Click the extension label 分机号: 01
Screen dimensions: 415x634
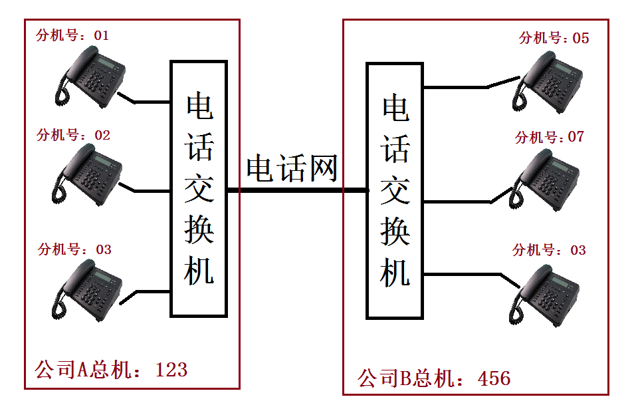point(72,35)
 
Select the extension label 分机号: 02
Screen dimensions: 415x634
point(73,135)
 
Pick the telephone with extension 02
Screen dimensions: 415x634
point(88,174)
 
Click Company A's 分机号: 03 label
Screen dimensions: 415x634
point(74,249)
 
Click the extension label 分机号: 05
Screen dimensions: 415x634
point(554,38)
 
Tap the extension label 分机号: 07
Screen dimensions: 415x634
point(549,137)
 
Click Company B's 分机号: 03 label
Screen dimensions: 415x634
point(549,250)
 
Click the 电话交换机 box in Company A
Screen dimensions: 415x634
point(199,188)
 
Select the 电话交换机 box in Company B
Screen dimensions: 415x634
point(395,191)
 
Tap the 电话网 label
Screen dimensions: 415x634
point(292,169)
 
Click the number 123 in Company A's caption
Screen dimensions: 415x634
point(171,369)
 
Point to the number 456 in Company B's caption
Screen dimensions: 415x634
point(494,378)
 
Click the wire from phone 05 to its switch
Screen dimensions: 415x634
point(459,86)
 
